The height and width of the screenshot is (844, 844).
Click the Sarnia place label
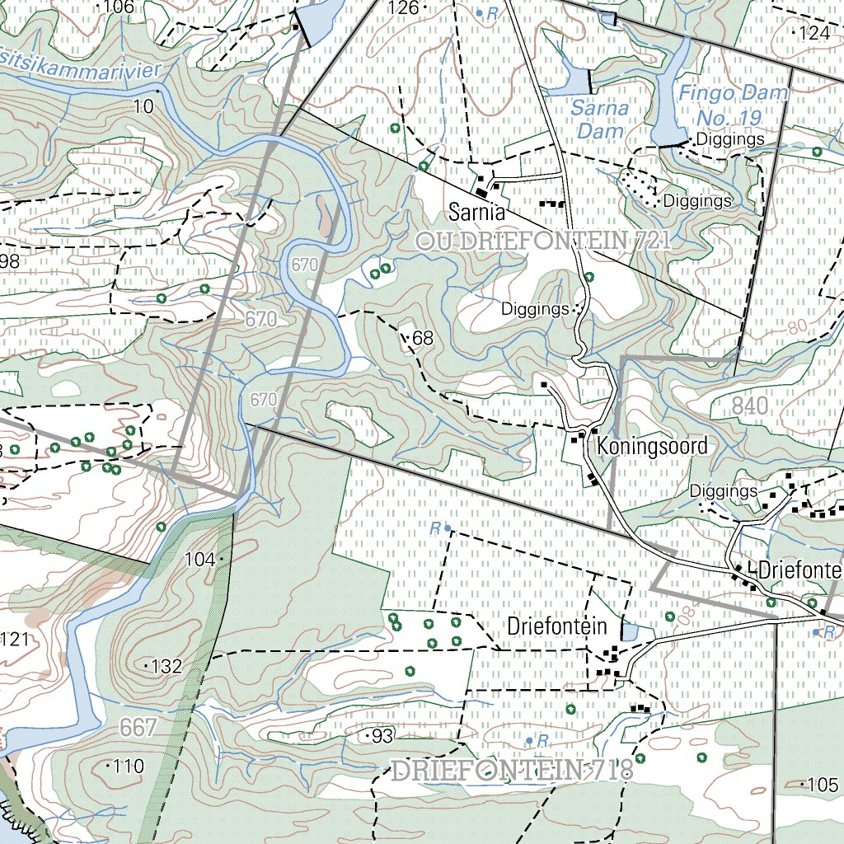(x=476, y=213)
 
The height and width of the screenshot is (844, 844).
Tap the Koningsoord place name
(x=652, y=447)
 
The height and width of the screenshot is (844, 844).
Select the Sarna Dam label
(x=601, y=119)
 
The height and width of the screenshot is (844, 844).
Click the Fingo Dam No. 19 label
(x=732, y=105)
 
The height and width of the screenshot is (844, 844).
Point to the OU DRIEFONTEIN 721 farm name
(x=544, y=241)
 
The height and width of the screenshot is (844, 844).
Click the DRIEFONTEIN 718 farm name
(x=512, y=771)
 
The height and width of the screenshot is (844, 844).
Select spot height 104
(x=200, y=560)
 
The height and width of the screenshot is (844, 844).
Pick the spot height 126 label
(x=404, y=8)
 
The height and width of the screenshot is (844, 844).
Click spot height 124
(x=814, y=34)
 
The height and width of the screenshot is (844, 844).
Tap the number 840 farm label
(x=749, y=406)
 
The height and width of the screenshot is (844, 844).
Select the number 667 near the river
(x=138, y=728)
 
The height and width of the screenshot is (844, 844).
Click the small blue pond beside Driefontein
(x=629, y=632)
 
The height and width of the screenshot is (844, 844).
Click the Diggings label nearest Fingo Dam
(x=730, y=139)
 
